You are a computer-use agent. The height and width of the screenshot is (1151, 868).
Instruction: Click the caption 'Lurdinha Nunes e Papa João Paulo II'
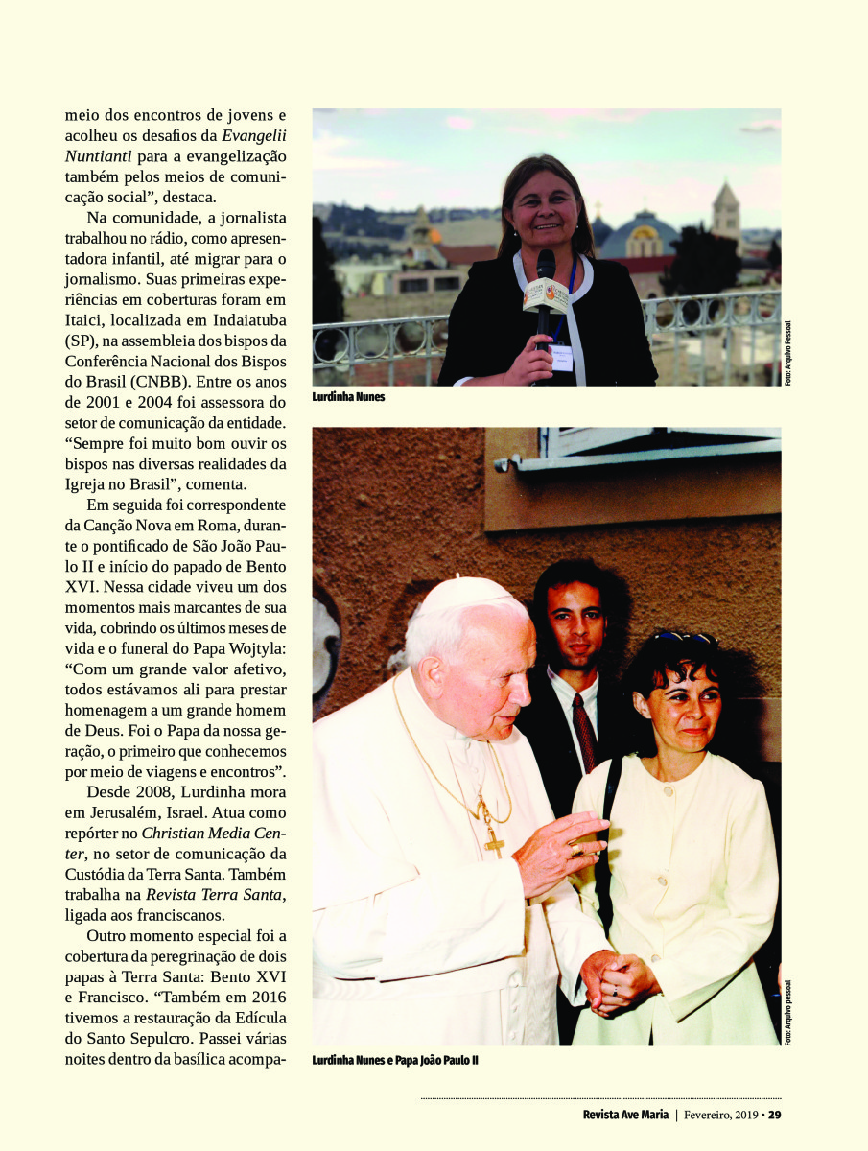coord(395,1061)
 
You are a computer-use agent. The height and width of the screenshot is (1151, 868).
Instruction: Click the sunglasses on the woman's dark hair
coord(684,638)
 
